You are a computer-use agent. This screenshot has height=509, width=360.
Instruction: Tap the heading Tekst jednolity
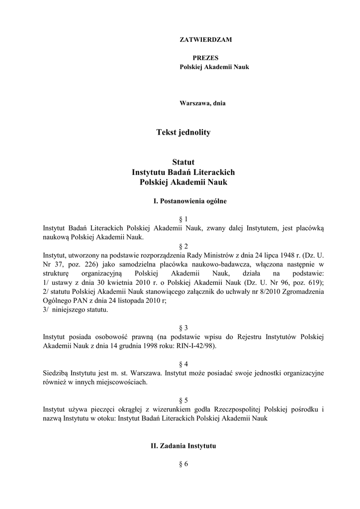tap(183, 132)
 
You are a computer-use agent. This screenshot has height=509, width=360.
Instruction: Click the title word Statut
tap(183, 162)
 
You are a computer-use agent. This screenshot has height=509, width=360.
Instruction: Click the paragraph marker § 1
tap(183, 219)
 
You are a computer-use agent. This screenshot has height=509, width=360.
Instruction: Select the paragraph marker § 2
tap(183, 246)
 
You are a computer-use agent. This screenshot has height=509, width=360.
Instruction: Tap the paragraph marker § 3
tap(183, 328)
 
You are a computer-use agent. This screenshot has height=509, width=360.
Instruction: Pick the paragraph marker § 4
tap(183, 364)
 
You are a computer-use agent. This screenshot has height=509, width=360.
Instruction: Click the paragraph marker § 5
tap(183, 400)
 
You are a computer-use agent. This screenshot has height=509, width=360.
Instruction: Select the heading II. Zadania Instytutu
tap(183, 446)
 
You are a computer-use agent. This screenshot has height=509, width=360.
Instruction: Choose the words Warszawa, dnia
tap(202, 103)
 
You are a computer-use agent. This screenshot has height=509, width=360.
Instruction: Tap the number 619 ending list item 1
tap(314, 282)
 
